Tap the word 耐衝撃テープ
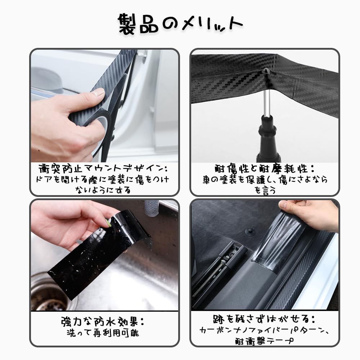[x=265, y=341]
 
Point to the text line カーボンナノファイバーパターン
[x=265, y=330]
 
